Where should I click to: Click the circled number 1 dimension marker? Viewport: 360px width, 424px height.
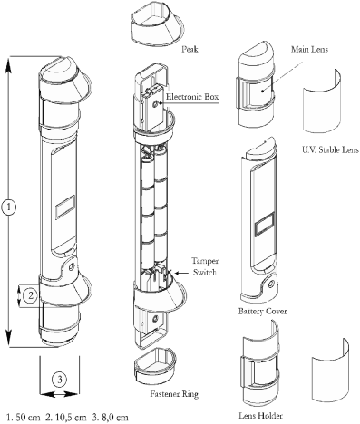point(9,207)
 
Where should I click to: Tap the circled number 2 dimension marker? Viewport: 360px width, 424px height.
point(30,295)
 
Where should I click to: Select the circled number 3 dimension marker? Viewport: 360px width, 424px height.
point(60,379)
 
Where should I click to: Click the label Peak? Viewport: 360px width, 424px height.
point(190,49)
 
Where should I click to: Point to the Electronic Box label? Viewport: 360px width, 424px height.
point(192,97)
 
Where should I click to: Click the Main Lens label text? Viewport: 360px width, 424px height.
point(309,49)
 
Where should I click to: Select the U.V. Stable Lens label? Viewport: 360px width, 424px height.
point(330,149)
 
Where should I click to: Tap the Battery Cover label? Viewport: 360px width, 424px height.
point(262,311)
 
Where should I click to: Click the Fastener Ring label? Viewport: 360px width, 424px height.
point(174,394)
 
